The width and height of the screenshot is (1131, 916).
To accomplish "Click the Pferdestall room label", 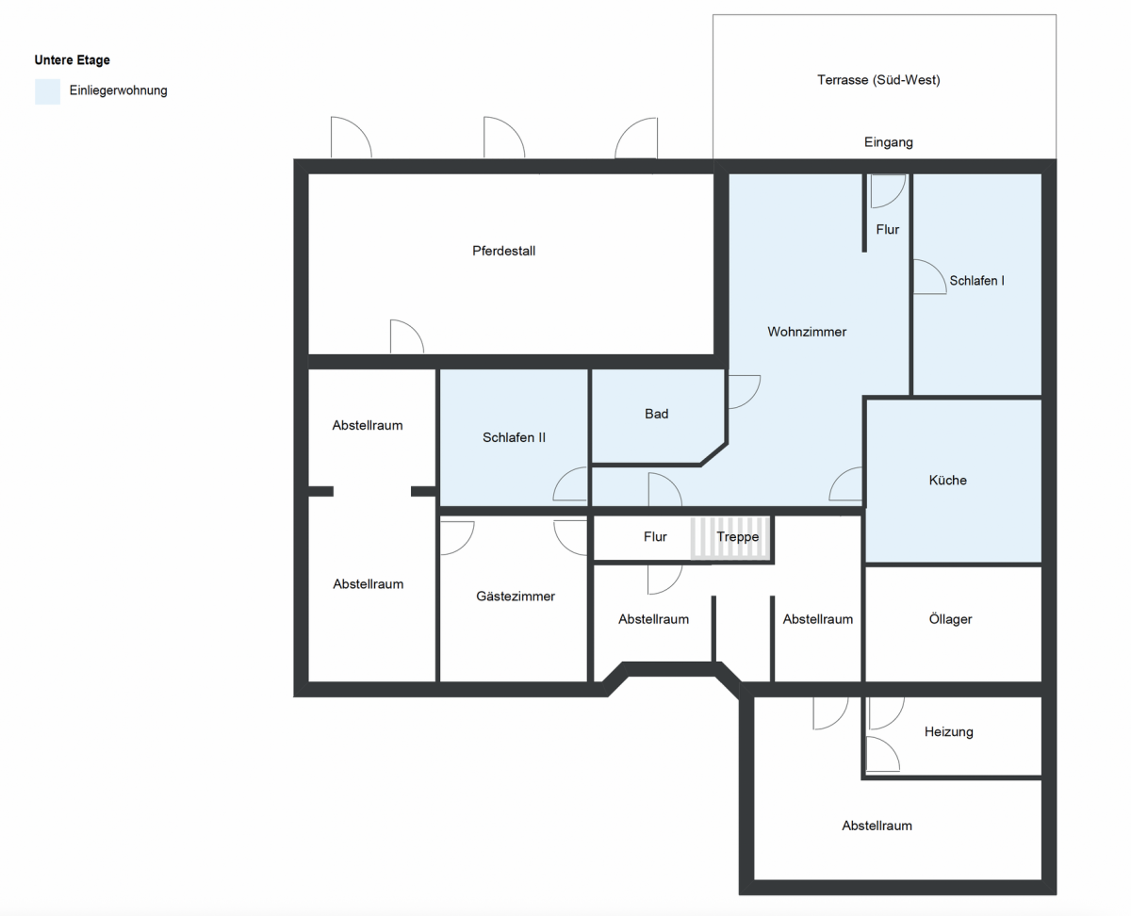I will (x=503, y=251).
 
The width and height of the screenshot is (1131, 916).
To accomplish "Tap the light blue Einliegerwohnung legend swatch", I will (x=47, y=91).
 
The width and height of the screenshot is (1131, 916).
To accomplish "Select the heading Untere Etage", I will (x=72, y=60).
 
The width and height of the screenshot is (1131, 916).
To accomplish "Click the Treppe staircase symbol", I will (x=731, y=538).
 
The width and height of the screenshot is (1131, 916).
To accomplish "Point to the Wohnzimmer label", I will (x=806, y=332).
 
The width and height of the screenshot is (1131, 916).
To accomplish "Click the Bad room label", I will (x=656, y=414).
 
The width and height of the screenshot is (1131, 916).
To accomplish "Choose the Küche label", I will (x=947, y=480).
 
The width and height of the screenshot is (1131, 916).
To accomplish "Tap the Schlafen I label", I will (x=976, y=281).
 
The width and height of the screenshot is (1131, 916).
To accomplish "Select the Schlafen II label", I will (x=514, y=437).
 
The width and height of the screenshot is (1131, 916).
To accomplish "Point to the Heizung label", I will (x=948, y=731).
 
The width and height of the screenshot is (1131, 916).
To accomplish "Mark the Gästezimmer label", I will (x=515, y=596).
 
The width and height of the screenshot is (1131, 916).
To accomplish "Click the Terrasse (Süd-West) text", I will (x=878, y=80).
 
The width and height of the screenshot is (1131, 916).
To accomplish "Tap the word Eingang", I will (x=888, y=142).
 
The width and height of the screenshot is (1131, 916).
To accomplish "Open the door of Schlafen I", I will (x=928, y=278).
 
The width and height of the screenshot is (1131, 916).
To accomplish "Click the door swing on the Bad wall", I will (x=742, y=391).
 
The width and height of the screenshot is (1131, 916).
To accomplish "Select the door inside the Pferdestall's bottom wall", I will (x=406, y=337).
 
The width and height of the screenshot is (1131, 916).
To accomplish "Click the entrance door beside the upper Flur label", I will (x=887, y=191).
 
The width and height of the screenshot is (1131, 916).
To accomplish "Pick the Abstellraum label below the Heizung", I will (x=877, y=826).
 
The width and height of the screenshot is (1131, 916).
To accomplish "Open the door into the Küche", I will (x=847, y=484).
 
